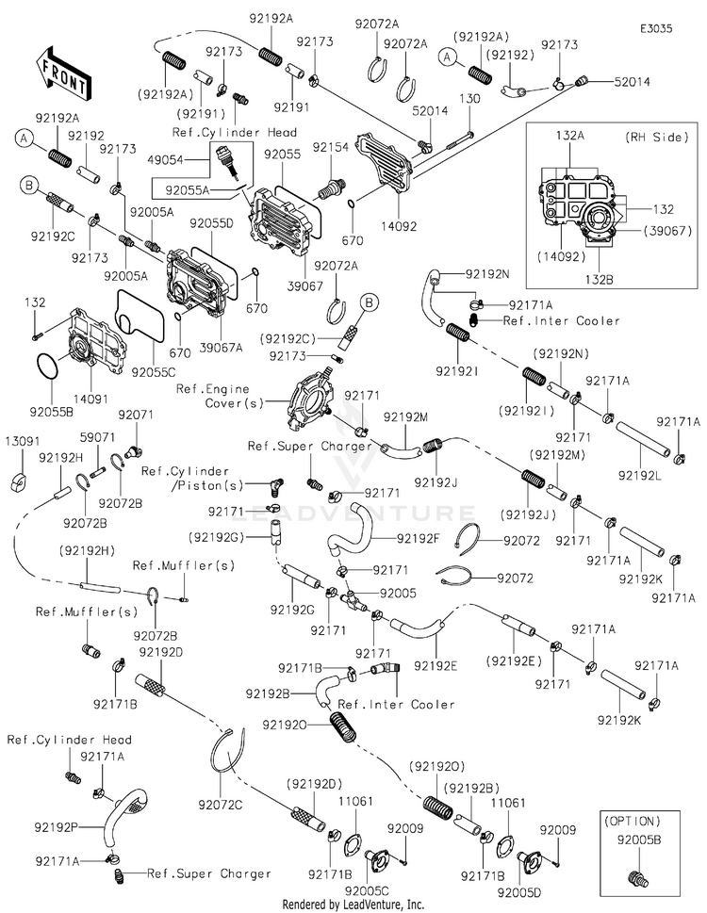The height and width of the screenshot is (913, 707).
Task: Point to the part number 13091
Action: [x=24, y=440]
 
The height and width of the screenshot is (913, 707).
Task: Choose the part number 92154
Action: [x=331, y=147]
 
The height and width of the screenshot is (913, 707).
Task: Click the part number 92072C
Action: [x=221, y=804]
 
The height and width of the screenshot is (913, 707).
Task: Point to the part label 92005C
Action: [x=365, y=889]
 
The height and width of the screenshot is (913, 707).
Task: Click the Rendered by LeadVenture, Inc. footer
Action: [x=353, y=904]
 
